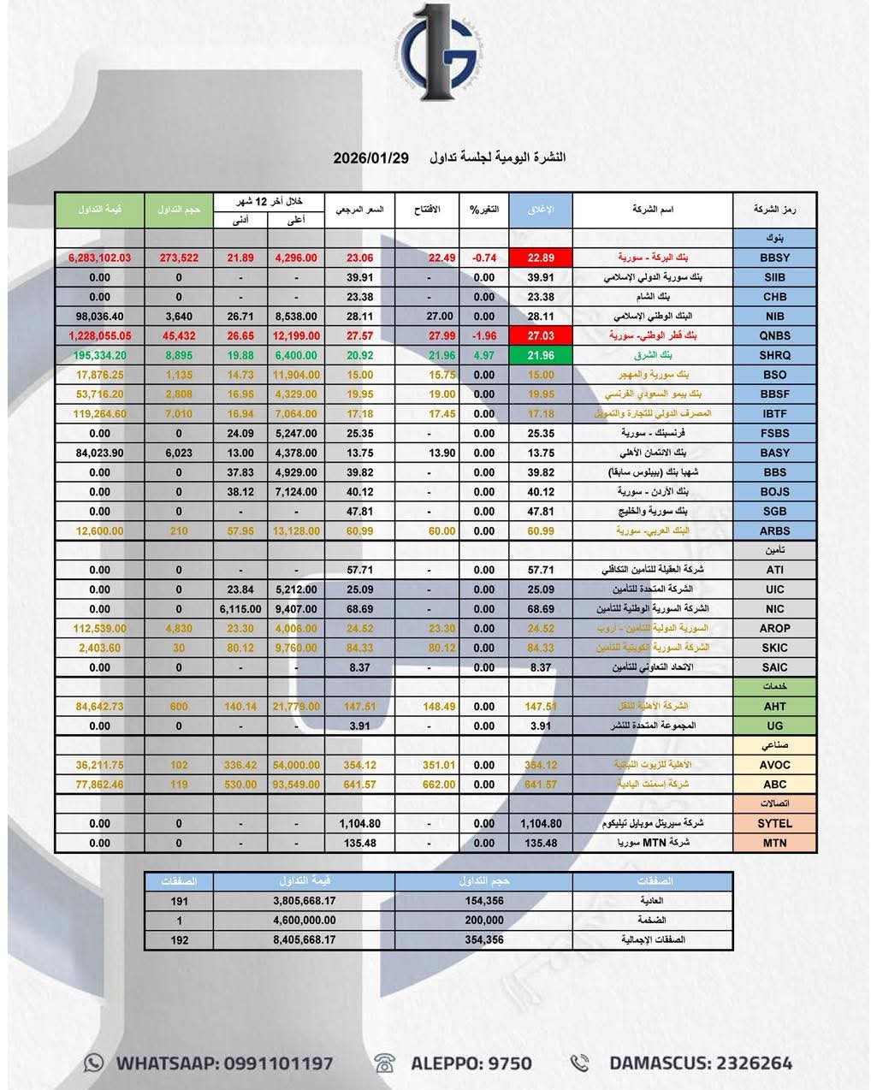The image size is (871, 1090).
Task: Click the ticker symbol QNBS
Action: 774,335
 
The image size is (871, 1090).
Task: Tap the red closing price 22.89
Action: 541,258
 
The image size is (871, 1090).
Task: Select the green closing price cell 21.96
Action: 541,355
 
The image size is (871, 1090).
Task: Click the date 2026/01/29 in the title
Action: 371,158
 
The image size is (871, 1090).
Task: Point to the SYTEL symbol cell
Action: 774,823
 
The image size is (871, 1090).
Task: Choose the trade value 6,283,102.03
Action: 99,258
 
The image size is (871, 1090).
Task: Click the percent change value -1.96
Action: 484,335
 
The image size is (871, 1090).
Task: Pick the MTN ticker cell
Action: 774,843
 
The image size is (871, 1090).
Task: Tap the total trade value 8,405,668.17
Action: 305,939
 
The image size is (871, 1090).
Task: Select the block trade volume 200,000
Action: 484,920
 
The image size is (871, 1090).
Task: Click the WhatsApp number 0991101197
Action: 278,1063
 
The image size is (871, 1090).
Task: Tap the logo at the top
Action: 439,53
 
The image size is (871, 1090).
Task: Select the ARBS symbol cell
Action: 774,530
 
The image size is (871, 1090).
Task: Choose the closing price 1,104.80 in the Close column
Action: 541,823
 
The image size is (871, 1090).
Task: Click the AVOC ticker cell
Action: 774,765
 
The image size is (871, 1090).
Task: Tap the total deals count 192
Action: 180,939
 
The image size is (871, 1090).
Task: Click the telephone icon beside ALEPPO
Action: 385,1063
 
